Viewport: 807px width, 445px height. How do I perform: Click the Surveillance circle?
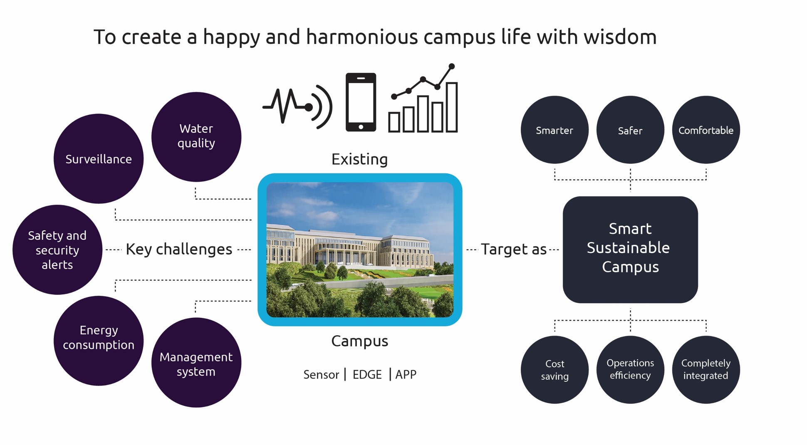tap(99, 159)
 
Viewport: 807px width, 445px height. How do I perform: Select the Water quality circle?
tap(196, 137)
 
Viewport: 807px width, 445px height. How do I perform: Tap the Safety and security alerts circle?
tap(57, 250)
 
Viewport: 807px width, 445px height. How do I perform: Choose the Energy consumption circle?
tap(99, 341)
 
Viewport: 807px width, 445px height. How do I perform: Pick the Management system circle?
tap(196, 363)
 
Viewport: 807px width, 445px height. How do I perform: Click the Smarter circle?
tap(555, 130)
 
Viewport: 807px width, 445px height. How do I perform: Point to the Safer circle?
tap(630, 130)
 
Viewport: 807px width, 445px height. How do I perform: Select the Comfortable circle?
tap(706, 130)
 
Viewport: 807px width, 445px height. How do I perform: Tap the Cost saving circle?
tap(555, 370)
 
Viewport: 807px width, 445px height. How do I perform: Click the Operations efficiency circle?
tap(630, 370)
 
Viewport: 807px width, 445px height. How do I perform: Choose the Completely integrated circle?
tap(706, 370)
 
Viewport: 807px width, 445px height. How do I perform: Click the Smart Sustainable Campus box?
tap(630, 250)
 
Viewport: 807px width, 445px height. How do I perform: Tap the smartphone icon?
tap(361, 102)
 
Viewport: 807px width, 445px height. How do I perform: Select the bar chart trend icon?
tap(423, 98)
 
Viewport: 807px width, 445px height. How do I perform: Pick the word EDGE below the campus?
tap(367, 375)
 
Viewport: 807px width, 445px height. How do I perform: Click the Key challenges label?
tap(179, 249)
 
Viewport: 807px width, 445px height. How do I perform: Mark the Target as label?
tap(514, 249)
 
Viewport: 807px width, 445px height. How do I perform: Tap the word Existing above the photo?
tap(360, 159)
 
